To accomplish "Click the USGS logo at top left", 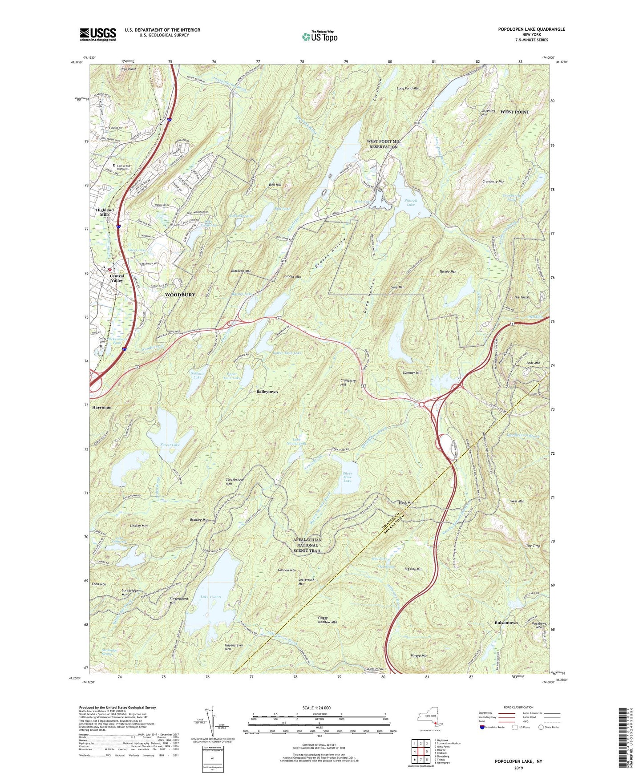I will coord(98,34).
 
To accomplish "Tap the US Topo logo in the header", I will coord(319,36).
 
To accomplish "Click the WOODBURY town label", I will coord(180,295).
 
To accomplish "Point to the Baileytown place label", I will coord(267,392).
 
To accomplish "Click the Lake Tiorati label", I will coord(211,597).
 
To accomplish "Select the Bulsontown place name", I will coord(506,623).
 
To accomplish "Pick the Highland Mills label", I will coord(105,212).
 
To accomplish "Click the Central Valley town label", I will coord(117,278).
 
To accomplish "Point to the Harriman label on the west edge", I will coord(102,407).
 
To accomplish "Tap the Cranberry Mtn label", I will coord(493,182).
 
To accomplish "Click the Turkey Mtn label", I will coord(448,271).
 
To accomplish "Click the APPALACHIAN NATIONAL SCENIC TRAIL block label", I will coord(307,545).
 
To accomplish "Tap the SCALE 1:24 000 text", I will coord(316,708).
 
